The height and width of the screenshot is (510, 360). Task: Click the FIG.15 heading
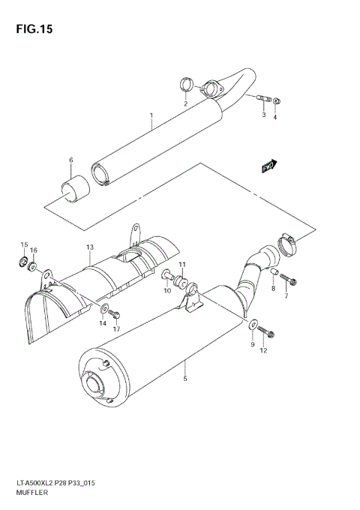click(36, 29)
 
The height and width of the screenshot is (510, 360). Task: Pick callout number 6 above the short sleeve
click(70, 160)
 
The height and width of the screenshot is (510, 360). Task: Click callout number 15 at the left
click(23, 245)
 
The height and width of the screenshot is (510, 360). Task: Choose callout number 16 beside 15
click(34, 250)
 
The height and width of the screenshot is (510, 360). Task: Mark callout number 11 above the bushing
click(181, 265)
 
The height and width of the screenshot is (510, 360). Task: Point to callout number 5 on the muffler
click(184, 379)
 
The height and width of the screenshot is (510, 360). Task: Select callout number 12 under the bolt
click(262, 351)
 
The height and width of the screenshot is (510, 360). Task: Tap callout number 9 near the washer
click(253, 344)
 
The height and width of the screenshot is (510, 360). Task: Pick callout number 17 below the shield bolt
click(117, 328)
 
